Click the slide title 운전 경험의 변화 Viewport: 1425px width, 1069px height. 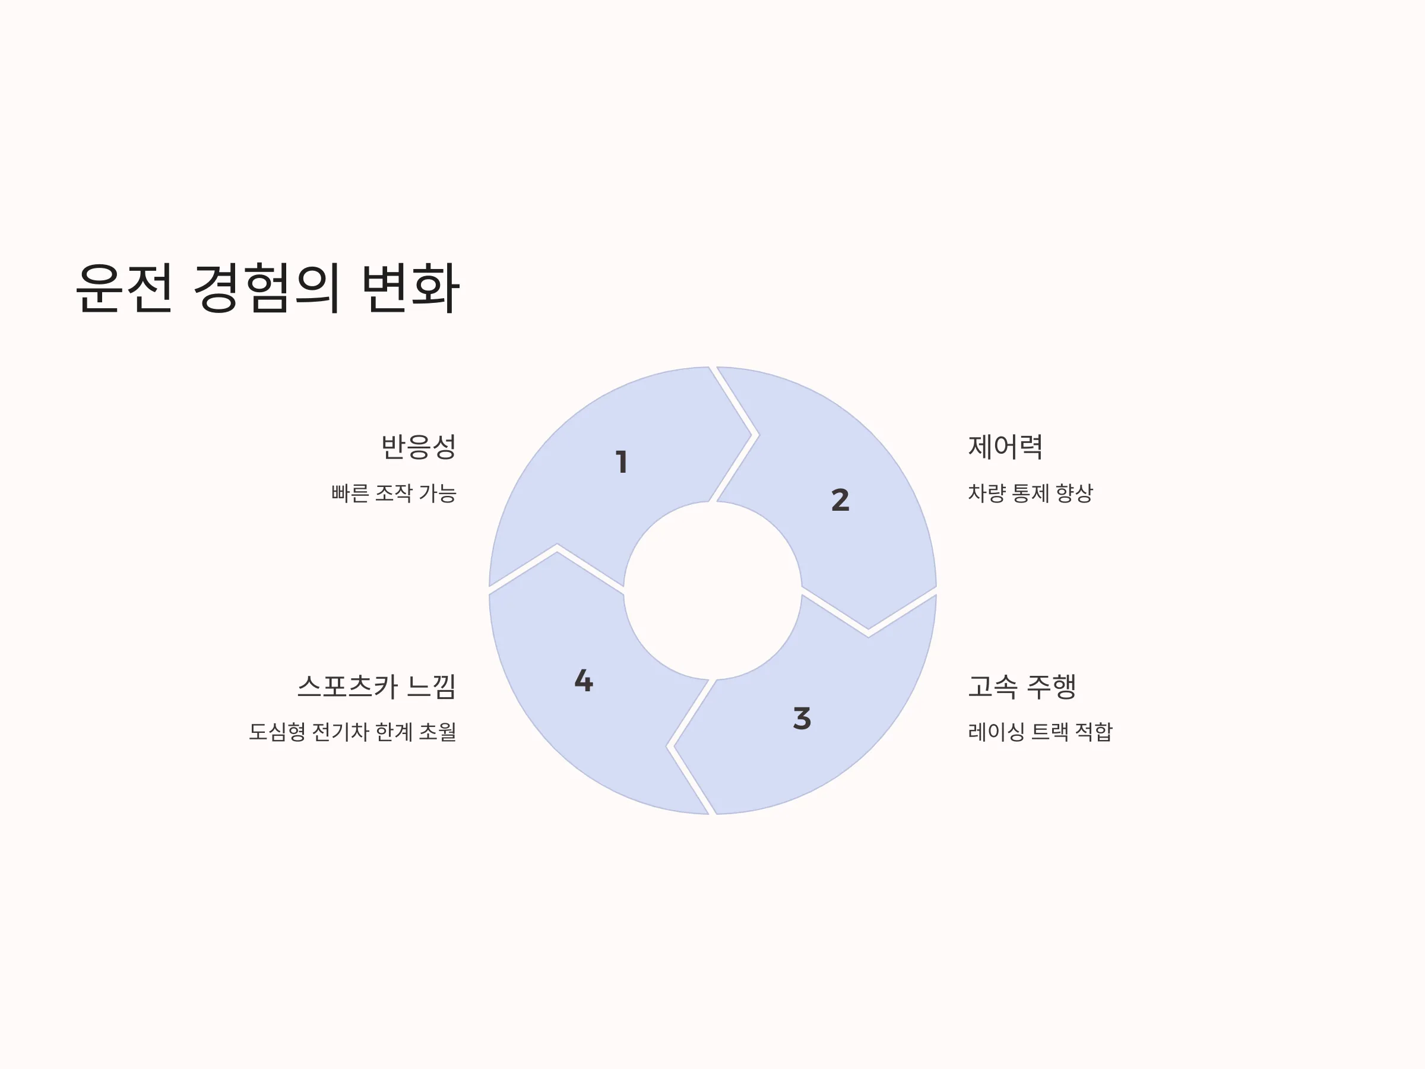267,288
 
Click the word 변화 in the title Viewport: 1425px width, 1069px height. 410,288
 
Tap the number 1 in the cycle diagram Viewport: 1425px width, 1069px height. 622,462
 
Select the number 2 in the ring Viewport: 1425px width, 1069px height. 840,500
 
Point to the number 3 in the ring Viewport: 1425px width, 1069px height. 802,718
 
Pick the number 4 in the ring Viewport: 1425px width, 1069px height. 584,681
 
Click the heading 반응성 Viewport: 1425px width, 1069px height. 419,447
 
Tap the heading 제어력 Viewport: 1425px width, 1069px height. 1005,447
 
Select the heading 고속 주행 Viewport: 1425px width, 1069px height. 1022,687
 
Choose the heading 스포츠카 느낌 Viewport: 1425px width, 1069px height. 377,687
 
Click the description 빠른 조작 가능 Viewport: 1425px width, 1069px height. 394,493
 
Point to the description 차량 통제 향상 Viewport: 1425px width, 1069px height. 1030,493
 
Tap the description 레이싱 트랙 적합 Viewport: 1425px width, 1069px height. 1040,732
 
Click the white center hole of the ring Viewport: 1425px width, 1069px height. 712,590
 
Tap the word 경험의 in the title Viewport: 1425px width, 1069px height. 266,288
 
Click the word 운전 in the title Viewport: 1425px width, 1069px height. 124,288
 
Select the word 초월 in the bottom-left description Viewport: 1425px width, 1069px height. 438,732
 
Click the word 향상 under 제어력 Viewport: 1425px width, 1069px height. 1075,493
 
